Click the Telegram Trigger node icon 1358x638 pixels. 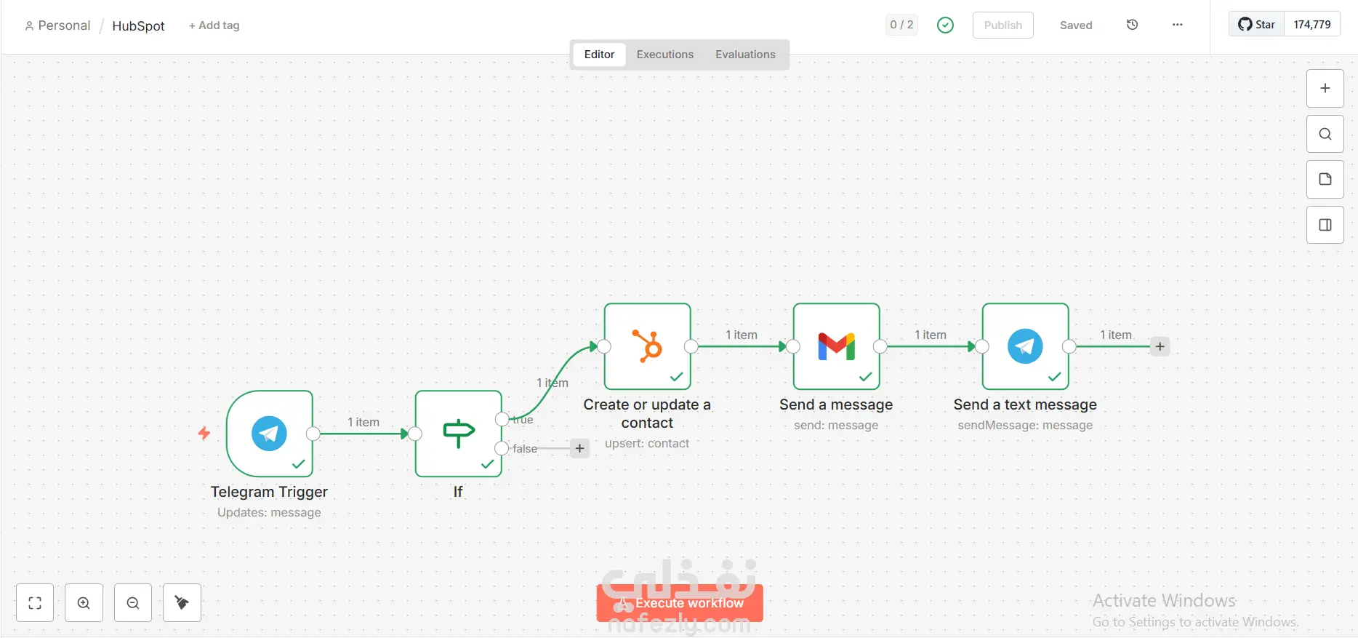click(269, 434)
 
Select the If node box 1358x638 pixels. click(458, 434)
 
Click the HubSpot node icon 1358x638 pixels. click(647, 346)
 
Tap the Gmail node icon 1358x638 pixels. click(836, 346)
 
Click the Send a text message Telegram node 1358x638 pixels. click(1025, 346)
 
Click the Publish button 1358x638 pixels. click(1003, 25)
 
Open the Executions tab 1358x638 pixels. click(664, 55)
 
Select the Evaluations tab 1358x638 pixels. click(745, 55)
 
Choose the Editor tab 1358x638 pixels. click(599, 55)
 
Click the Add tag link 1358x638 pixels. click(214, 25)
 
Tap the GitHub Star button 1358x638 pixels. click(1257, 25)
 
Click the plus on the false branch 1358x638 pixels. click(579, 448)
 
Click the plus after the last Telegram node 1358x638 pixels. click(1160, 346)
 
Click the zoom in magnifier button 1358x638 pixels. click(84, 603)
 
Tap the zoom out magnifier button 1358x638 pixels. click(133, 603)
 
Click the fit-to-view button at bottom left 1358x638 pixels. click(35, 603)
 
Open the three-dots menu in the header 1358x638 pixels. click(1177, 25)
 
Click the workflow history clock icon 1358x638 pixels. click(1132, 25)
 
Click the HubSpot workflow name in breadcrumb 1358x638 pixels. click(138, 26)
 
